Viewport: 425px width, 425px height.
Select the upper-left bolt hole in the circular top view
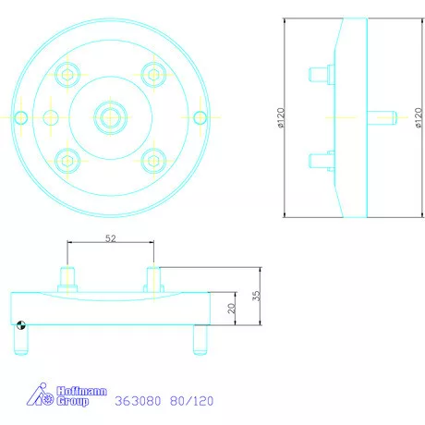(67, 73)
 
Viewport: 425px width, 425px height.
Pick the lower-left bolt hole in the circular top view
(67, 159)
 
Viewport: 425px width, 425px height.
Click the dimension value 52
(110, 238)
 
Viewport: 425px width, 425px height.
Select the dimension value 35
(259, 296)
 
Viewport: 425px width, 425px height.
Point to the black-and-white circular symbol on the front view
(21, 324)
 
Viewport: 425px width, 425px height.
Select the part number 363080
(140, 402)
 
